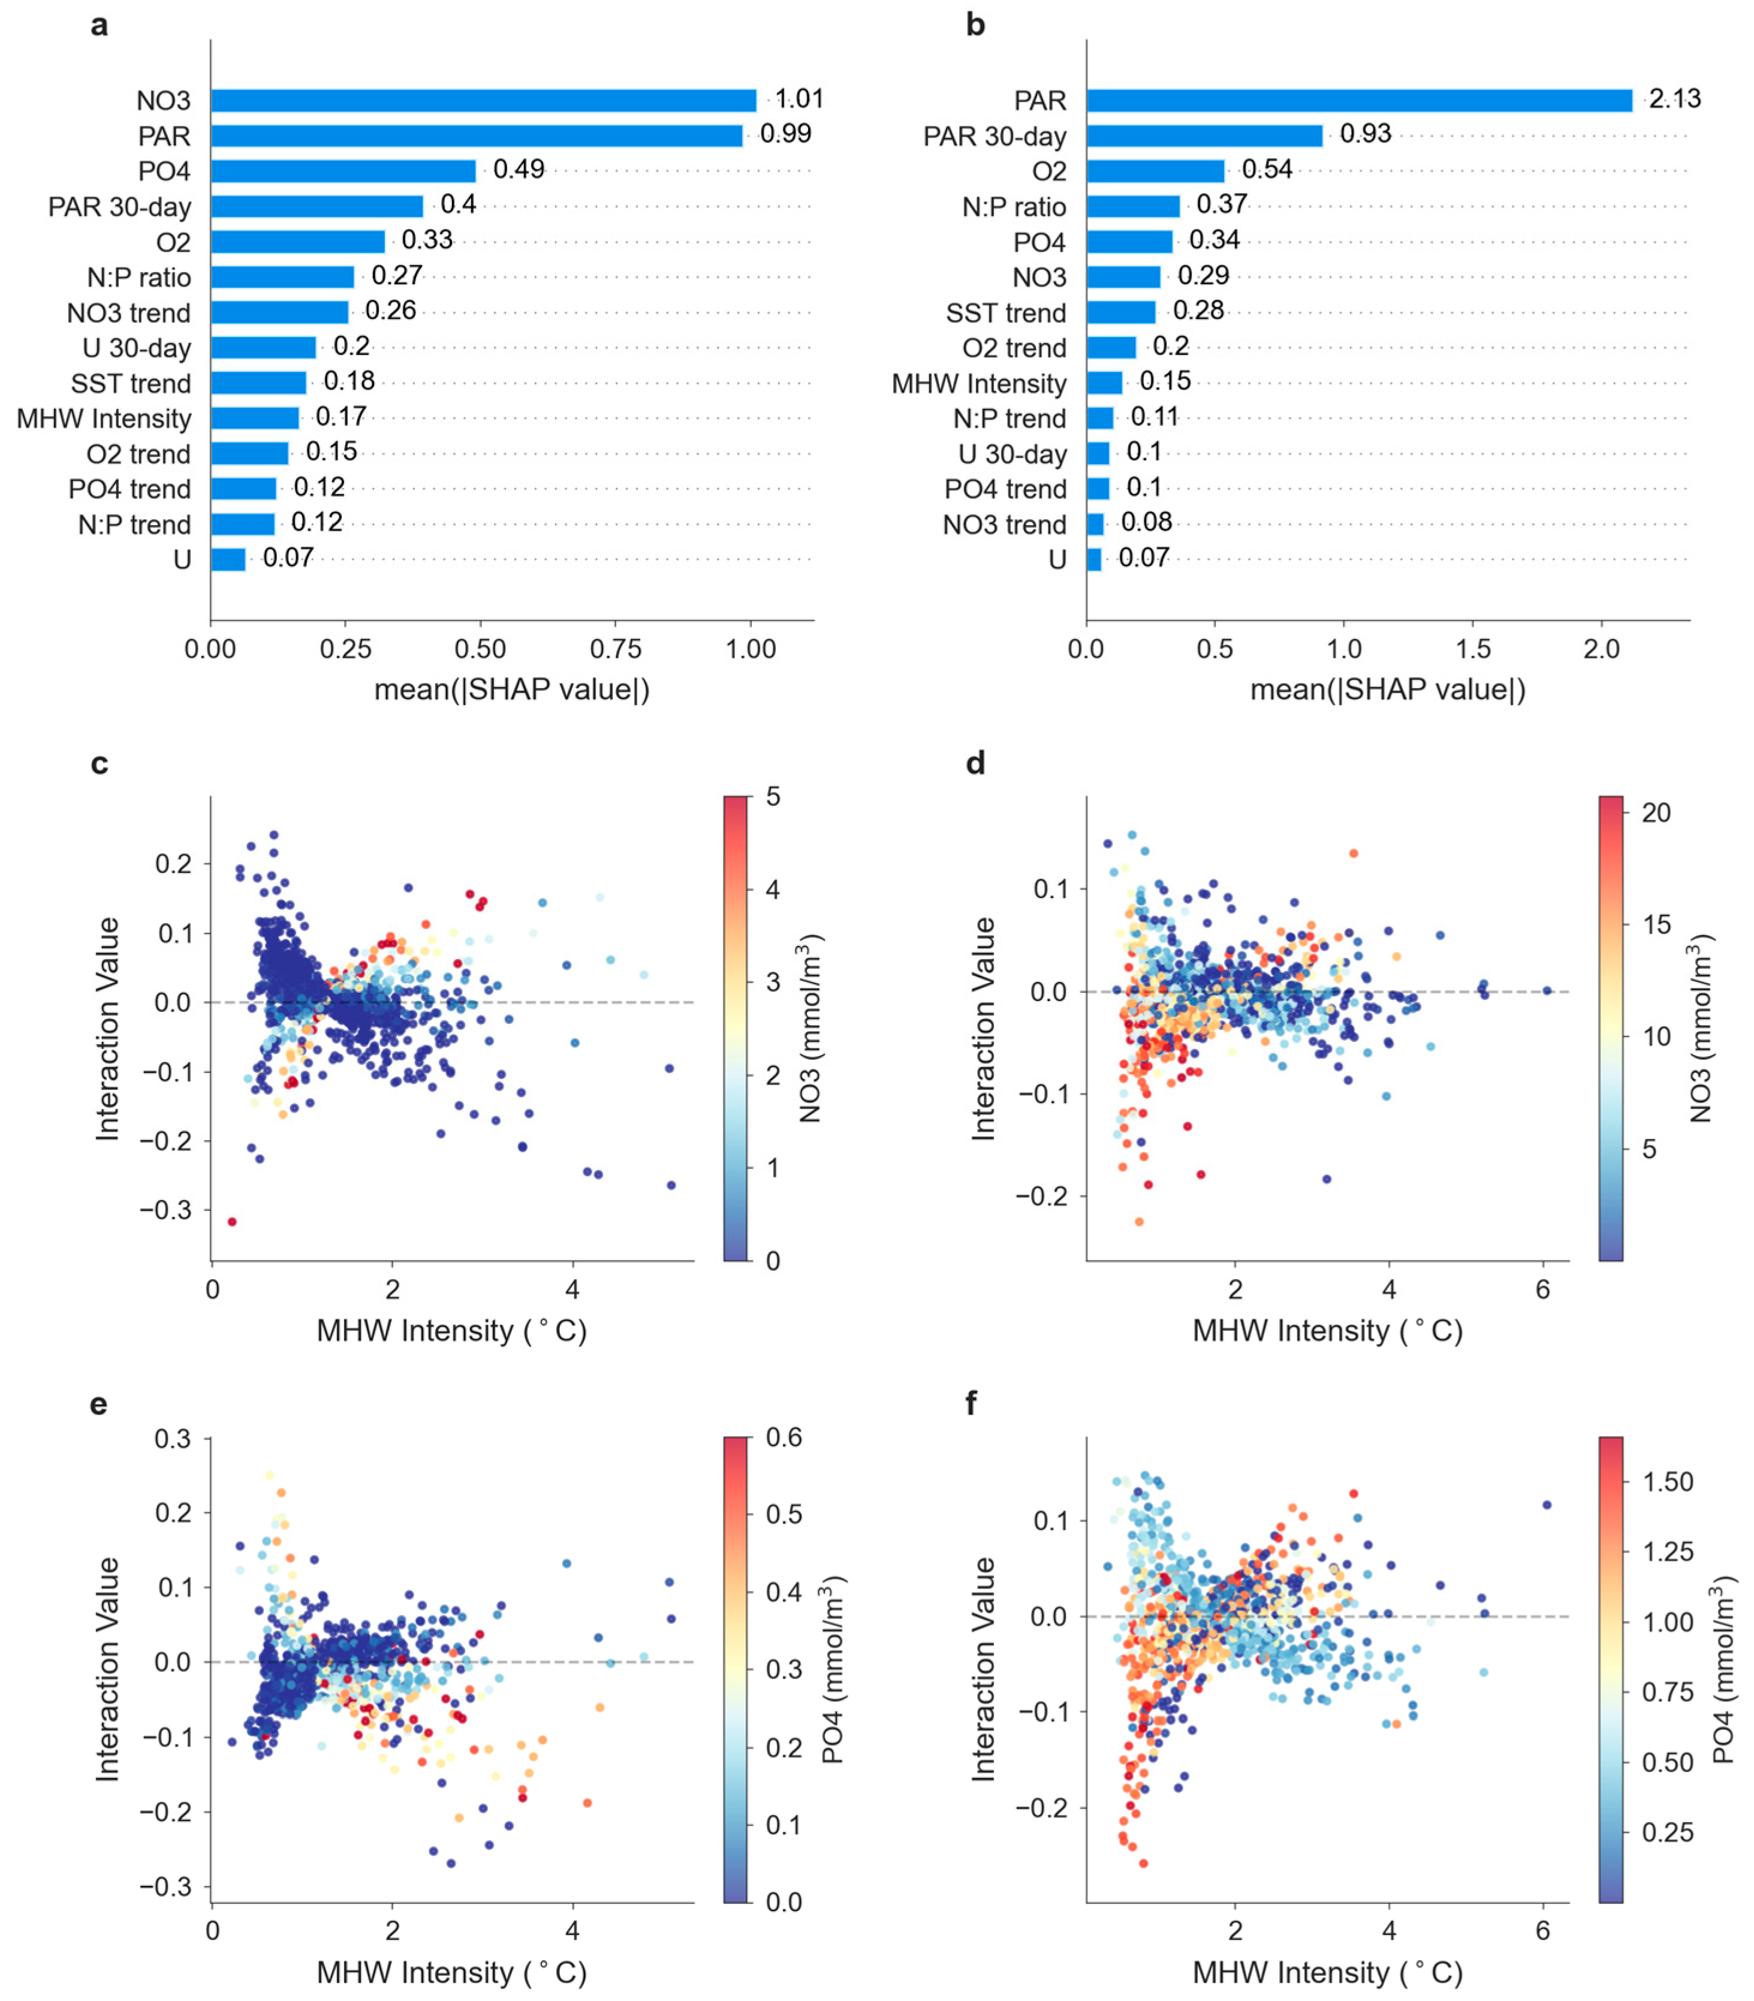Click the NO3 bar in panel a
point(484,101)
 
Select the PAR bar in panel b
point(1360,101)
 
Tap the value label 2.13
point(1675,99)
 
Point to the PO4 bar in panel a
point(343,171)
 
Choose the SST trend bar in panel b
point(1121,312)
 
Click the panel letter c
point(99,764)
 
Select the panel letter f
point(971,1403)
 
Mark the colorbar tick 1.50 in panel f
point(1668,1481)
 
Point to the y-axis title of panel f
point(984,1669)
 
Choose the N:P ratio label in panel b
point(1014,207)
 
